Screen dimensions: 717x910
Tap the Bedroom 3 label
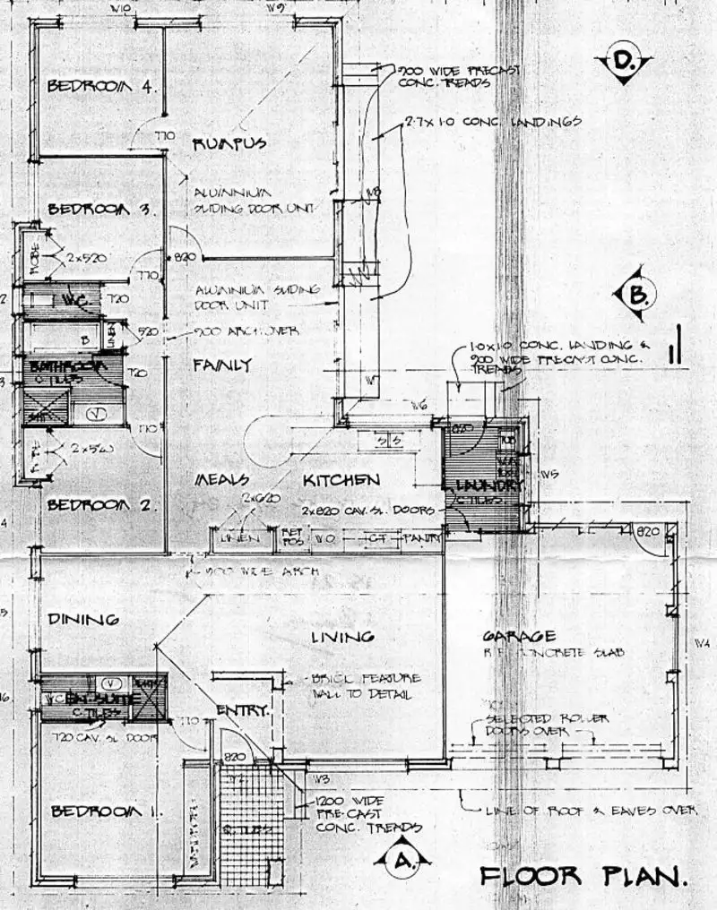pos(102,210)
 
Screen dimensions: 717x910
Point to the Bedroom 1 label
pos(107,811)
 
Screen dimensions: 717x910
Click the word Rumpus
pos(229,144)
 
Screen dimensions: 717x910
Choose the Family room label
pos(222,365)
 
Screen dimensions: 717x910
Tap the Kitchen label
pos(340,480)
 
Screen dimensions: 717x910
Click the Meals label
pos(222,481)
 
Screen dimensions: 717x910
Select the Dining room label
pos(84,619)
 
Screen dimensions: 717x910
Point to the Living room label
pos(341,637)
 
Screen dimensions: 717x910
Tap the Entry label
pos(242,711)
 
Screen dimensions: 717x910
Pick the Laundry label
pos(488,485)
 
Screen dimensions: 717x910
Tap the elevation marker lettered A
pos(402,861)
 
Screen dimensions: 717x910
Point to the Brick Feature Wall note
pos(366,686)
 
